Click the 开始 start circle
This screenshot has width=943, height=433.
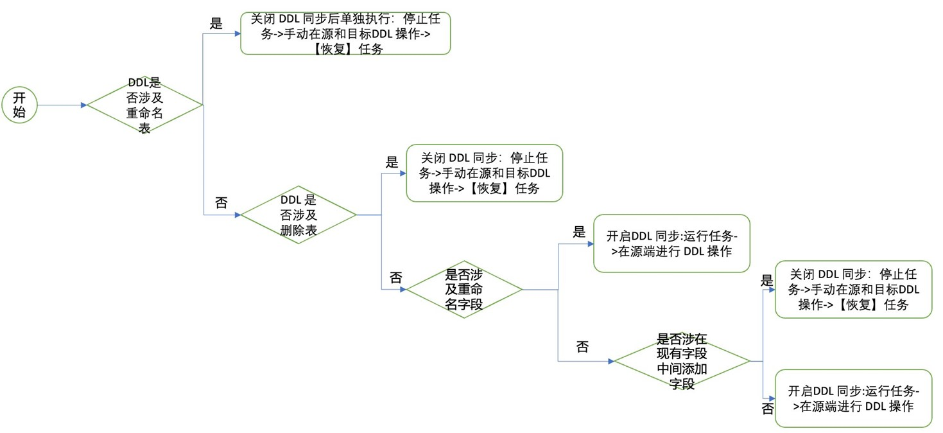[20, 105]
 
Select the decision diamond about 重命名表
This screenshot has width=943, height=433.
[144, 105]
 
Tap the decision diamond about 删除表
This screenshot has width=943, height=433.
[298, 215]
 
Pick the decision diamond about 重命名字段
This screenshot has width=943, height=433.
[464, 290]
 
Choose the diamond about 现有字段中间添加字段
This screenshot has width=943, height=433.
[682, 361]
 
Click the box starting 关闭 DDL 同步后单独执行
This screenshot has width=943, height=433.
[345, 33]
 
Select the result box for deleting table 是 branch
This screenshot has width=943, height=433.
[485, 173]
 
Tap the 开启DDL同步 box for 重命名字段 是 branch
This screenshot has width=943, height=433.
[671, 243]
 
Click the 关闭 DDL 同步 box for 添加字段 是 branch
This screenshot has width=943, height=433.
[853, 290]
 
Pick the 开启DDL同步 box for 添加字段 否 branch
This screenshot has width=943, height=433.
[853, 398]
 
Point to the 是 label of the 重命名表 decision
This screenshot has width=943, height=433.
[216, 24]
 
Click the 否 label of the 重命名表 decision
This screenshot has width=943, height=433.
[221, 203]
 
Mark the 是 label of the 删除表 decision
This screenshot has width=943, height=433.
[392, 163]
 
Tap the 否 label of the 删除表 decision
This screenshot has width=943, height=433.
[396, 278]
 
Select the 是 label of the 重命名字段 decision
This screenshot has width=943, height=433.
[579, 233]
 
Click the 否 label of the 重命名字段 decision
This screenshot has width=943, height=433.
[582, 348]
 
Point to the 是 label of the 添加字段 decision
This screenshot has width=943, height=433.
[766, 280]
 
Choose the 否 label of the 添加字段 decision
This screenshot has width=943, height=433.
[767, 409]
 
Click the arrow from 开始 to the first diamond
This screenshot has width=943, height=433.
[61, 105]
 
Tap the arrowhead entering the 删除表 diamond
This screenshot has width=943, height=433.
[237, 215]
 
